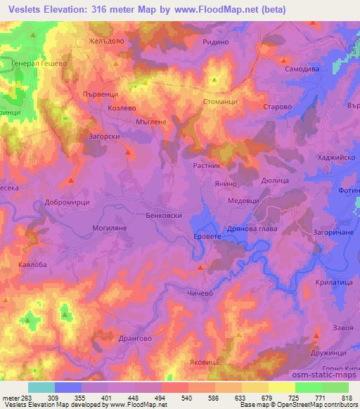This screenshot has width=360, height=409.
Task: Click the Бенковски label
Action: [164, 216]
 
